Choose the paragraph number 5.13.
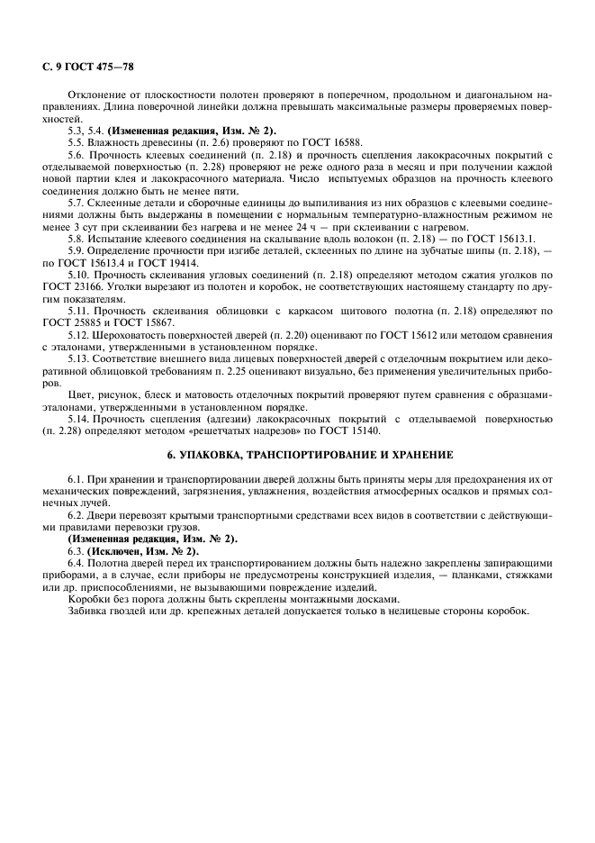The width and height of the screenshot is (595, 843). click(x=79, y=358)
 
